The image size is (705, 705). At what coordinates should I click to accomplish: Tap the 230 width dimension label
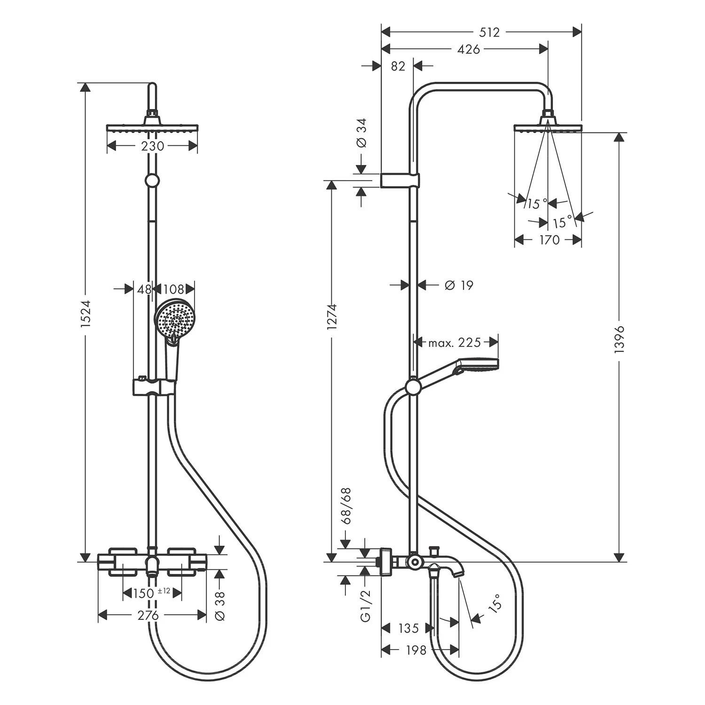pyautogui.click(x=153, y=146)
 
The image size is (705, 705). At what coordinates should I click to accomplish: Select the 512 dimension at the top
pyautogui.click(x=489, y=32)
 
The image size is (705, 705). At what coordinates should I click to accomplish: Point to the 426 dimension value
pyautogui.click(x=469, y=49)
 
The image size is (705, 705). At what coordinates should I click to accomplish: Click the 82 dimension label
pyautogui.click(x=398, y=66)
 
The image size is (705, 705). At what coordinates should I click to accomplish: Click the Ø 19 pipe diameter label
pyautogui.click(x=458, y=285)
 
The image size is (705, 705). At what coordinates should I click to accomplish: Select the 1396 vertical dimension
pyautogui.click(x=619, y=338)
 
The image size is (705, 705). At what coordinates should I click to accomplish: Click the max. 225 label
pyautogui.click(x=454, y=342)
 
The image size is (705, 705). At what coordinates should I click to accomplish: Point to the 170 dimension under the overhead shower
pyautogui.click(x=549, y=240)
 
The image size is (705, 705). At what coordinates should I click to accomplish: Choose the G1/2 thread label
pyautogui.click(x=366, y=606)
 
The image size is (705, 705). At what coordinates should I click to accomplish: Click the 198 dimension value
pyautogui.click(x=415, y=650)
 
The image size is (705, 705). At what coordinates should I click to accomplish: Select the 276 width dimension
pyautogui.click(x=148, y=615)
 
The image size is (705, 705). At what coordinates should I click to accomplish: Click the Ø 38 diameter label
pyautogui.click(x=220, y=606)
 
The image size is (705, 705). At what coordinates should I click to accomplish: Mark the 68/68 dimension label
pyautogui.click(x=346, y=506)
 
